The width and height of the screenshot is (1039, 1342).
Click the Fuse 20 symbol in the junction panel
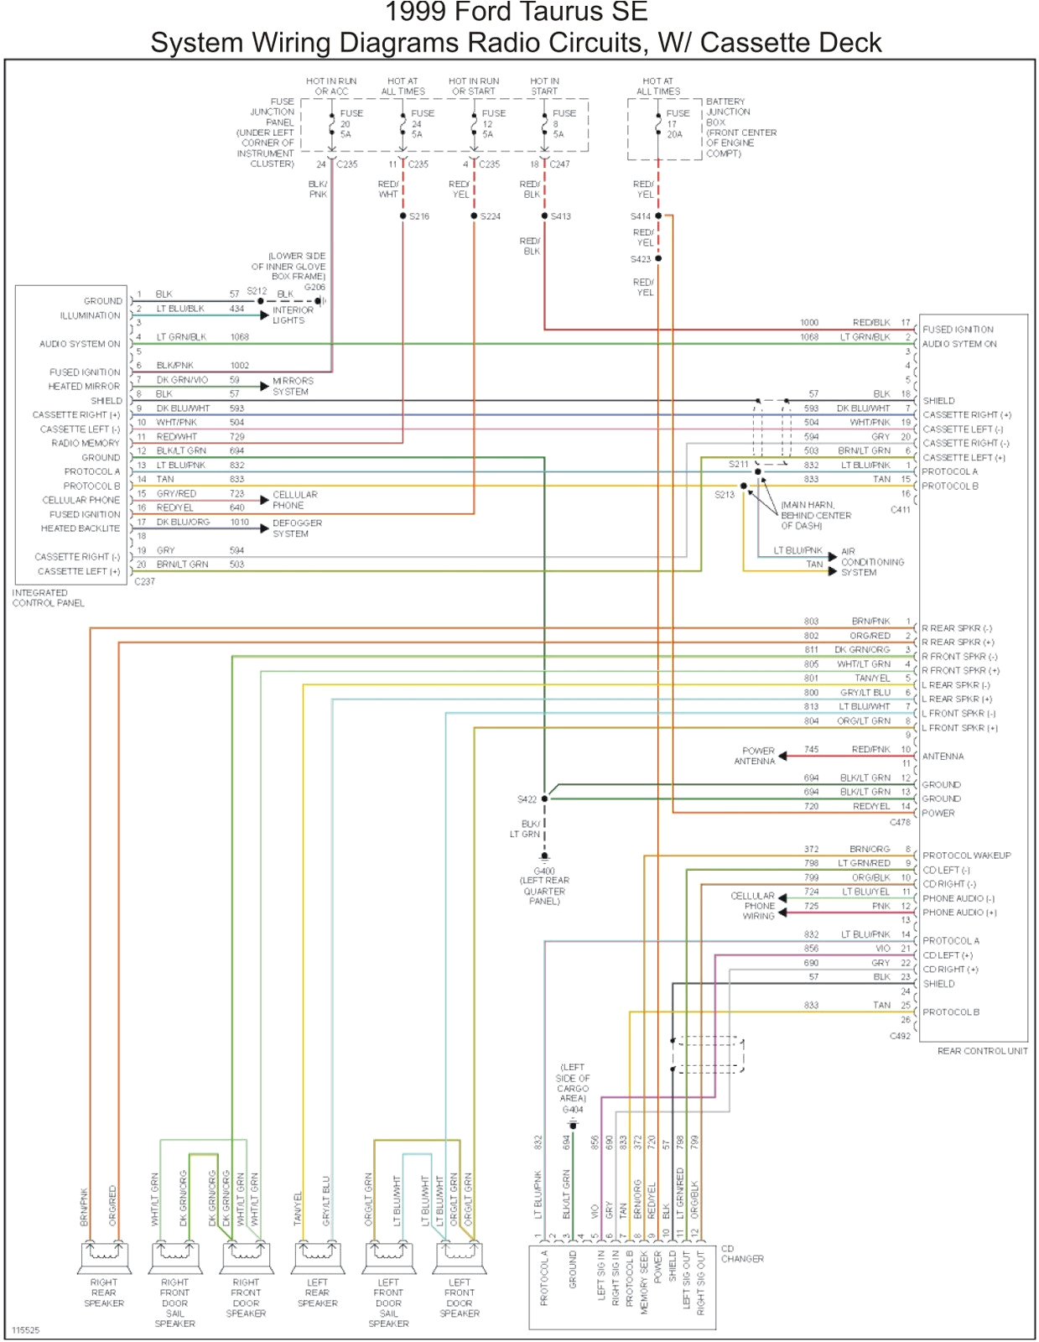pyautogui.click(x=332, y=124)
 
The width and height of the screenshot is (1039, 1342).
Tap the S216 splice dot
pyautogui.click(x=403, y=216)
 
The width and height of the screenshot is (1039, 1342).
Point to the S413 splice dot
pyautogui.click(x=544, y=216)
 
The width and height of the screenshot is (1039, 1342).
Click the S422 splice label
pyautogui.click(x=527, y=799)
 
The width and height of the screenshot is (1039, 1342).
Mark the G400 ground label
pyautogui.click(x=543, y=871)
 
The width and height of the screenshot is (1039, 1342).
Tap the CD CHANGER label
pyautogui.click(x=742, y=1254)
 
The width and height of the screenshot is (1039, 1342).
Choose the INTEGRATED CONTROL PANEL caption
pyautogui.click(x=48, y=598)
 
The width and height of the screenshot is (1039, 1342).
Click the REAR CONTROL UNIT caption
pyautogui.click(x=982, y=1051)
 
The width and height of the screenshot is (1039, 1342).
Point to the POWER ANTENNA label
pyautogui.click(x=756, y=756)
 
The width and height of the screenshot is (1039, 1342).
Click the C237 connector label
pyautogui.click(x=144, y=581)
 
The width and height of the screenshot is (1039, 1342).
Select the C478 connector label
pyautogui.click(x=900, y=823)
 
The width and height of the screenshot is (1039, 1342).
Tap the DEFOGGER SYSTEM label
pyautogui.click(x=296, y=528)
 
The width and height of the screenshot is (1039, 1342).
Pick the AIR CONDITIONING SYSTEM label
pyautogui.click(x=871, y=562)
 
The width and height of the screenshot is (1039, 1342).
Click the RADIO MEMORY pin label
pyautogui.click(x=85, y=443)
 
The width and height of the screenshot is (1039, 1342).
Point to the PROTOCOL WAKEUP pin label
pyautogui.click(x=966, y=856)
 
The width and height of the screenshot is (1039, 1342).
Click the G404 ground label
pyautogui.click(x=573, y=1110)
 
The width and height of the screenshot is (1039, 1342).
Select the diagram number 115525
pyautogui.click(x=25, y=1330)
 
